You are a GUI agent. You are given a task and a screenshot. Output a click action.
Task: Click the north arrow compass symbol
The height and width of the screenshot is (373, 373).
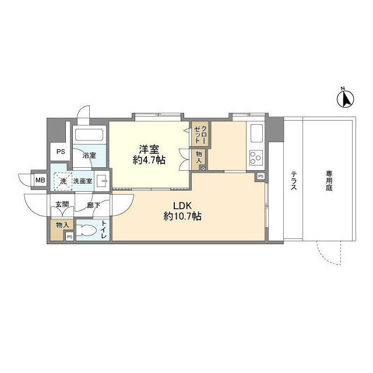point(346,98)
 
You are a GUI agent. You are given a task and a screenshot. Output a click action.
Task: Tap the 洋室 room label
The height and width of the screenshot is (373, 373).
point(149,149)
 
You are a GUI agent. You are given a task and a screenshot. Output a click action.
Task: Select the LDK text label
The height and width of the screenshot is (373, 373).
point(182,206)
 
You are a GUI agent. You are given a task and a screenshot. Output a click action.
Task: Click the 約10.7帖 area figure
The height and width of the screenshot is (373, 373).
point(182,216)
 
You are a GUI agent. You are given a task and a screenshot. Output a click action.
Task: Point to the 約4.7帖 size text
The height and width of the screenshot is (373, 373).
point(149,160)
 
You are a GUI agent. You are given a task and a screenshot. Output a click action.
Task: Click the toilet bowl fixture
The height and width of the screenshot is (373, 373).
point(86,230)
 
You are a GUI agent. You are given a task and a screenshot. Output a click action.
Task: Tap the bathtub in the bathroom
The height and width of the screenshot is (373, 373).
point(89,135)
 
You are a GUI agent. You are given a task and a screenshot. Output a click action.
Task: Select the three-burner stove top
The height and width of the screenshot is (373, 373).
point(256,158)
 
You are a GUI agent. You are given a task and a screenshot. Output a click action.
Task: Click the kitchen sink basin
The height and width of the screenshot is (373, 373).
point(256,134)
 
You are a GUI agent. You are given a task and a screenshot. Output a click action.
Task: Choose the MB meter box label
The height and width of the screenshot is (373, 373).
point(40,180)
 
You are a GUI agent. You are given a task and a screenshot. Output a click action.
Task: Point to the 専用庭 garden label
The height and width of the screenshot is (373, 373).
point(329,180)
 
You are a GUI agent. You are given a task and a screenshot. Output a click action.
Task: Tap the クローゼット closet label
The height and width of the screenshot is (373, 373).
point(200,135)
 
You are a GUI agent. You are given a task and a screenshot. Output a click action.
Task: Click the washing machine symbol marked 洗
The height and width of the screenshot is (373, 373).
point(63,181)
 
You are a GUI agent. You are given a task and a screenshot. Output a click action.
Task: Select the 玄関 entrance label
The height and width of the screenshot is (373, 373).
point(62,205)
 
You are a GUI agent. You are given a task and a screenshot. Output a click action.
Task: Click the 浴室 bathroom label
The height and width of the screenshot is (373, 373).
point(89,156)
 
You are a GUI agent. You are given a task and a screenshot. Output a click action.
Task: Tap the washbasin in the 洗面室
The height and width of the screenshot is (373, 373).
point(103,181)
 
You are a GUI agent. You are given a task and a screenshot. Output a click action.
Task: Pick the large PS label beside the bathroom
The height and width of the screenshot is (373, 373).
point(61,152)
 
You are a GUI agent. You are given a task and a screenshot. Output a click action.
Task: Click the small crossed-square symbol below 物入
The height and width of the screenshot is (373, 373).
point(203,168)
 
